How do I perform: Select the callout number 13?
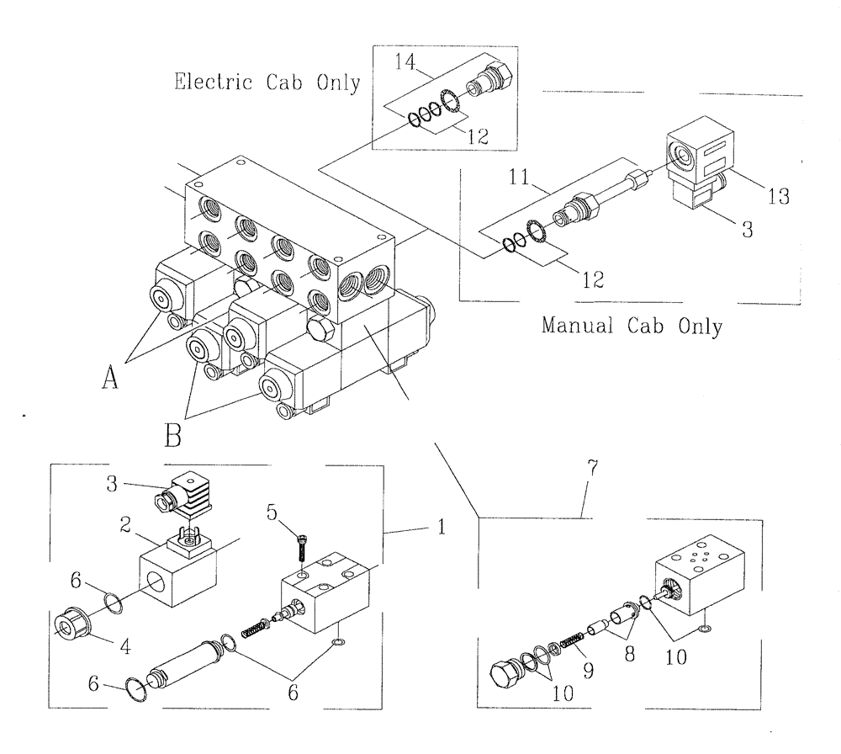[779, 197]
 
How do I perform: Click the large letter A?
[108, 380]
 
